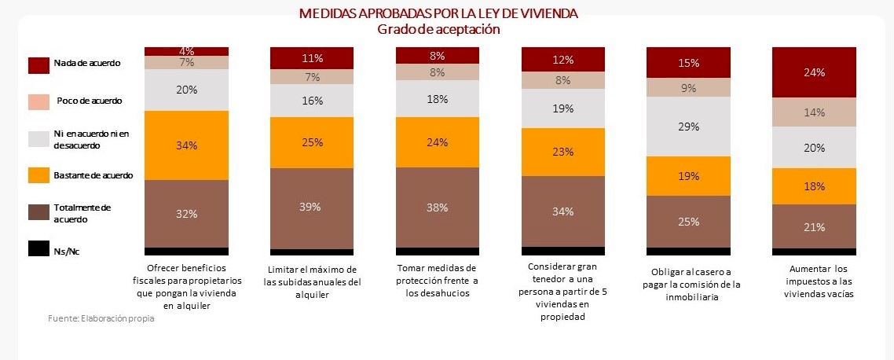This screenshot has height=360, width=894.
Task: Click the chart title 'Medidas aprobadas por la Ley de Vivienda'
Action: click(439, 13)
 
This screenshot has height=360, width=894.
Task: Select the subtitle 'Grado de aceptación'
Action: click(439, 29)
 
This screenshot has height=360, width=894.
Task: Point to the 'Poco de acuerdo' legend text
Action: click(89, 101)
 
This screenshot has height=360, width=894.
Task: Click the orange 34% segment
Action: click(186, 145)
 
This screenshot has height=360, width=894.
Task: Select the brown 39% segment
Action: click(312, 208)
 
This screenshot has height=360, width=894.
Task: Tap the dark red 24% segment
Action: click(814, 72)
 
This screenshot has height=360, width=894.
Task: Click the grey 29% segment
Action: click(688, 127)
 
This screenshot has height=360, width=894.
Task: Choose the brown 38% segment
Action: click(438, 208)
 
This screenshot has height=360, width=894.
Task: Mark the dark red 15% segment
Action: click(688, 62)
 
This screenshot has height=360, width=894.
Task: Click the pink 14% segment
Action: click(814, 112)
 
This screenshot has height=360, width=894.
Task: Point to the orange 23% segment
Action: click(563, 152)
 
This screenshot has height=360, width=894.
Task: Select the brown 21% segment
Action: click(814, 226)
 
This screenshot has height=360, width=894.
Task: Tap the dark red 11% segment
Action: click(312, 57)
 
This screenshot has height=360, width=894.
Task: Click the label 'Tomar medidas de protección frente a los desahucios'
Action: click(438, 280)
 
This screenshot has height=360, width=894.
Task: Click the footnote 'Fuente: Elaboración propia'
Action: click(101, 319)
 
